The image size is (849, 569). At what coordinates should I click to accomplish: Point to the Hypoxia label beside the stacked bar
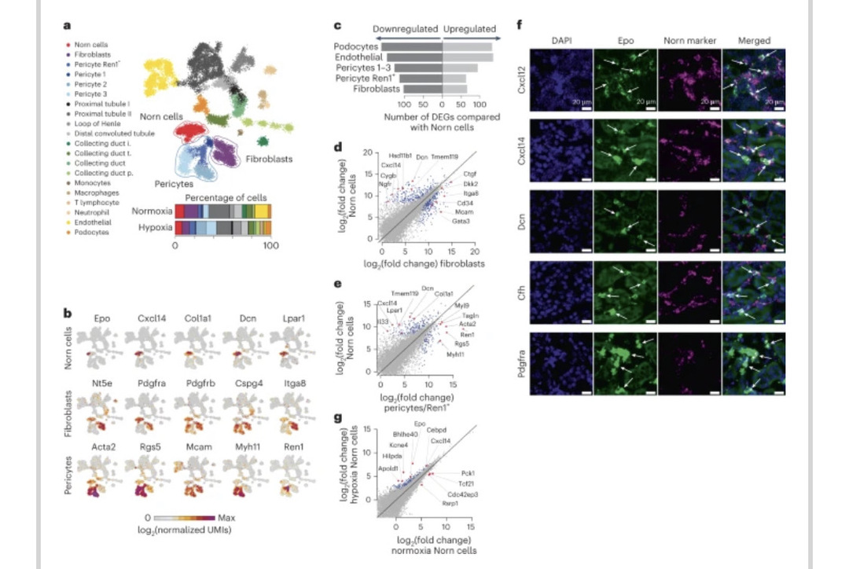pos(152,227)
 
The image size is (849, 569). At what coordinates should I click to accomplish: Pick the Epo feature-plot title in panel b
pos(102,320)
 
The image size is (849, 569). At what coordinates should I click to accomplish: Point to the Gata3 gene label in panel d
pos(461,222)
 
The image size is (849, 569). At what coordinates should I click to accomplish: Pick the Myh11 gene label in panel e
pos(456,354)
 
